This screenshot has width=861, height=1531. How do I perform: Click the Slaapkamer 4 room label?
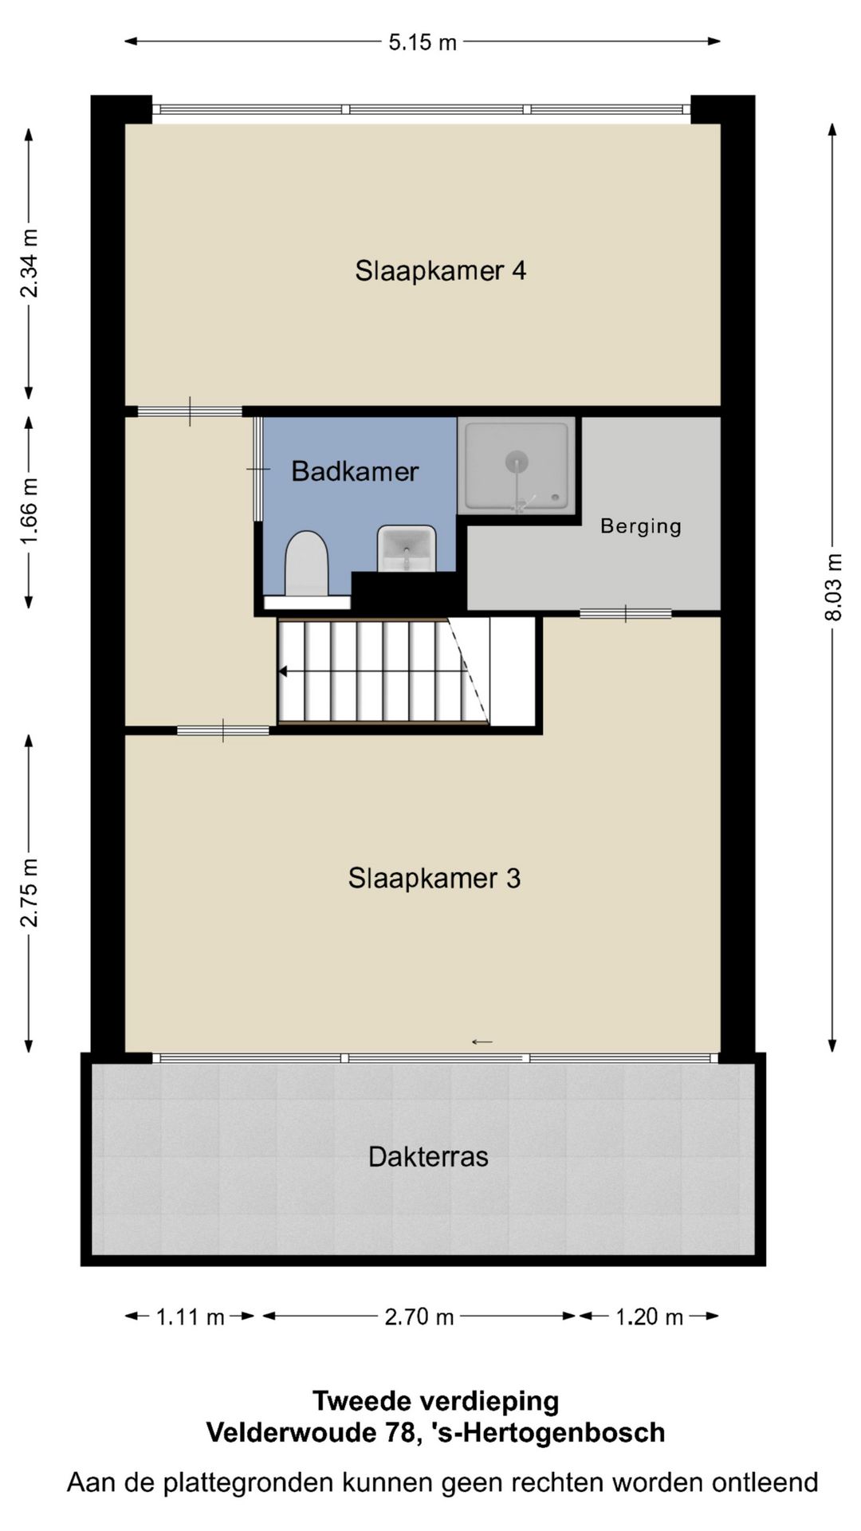coord(440,271)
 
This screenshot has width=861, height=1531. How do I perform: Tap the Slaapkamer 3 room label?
coord(434,879)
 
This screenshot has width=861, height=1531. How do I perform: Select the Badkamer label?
coord(355,471)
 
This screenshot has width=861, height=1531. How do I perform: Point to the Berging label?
coord(641,526)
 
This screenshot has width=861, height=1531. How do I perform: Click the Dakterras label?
coord(428,1157)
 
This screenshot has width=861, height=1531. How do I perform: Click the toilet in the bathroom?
coord(307,565)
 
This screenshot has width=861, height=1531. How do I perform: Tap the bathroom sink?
coord(407,548)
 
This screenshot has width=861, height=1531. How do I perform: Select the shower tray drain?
coord(517,460)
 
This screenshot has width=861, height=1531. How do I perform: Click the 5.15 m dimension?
coord(423,42)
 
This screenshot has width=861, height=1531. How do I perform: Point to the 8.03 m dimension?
coord(833,587)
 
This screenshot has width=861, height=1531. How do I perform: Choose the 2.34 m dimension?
coord(29,263)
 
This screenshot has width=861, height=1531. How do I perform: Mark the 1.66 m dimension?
coord(29,511)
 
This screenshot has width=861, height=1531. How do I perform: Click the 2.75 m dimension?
coord(29,893)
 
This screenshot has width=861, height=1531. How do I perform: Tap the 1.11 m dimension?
coord(190,1317)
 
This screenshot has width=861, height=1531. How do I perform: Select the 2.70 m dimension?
coord(419,1317)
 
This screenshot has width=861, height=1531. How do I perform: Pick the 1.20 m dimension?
coord(649,1317)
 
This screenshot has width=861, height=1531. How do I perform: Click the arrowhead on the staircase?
coord(283,672)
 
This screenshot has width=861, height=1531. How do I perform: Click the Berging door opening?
coord(626,613)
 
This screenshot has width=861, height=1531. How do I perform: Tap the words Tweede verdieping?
coord(435,1400)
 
